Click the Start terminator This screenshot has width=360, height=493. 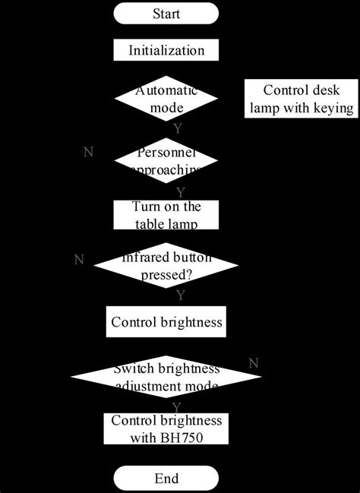point(166,14)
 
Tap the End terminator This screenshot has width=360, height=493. point(166,479)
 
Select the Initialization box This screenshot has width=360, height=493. point(166,51)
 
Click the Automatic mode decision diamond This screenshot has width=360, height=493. point(166,99)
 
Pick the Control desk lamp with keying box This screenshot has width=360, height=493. point(300,99)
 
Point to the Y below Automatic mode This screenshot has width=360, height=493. point(177,128)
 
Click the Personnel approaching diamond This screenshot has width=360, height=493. point(166,160)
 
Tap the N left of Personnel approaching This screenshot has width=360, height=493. point(88,151)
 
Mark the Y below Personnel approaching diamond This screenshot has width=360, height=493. point(180,191)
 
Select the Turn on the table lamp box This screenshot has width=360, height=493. point(166,214)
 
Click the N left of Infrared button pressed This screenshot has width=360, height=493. point(78,260)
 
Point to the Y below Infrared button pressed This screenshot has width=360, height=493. point(180,294)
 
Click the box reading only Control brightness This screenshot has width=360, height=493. point(166,322)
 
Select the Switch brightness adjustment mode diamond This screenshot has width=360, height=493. point(166,378)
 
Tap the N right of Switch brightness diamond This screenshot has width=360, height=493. point(253,361)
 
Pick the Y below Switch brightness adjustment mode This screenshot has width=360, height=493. point(177,408)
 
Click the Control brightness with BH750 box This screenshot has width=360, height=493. point(166,429)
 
